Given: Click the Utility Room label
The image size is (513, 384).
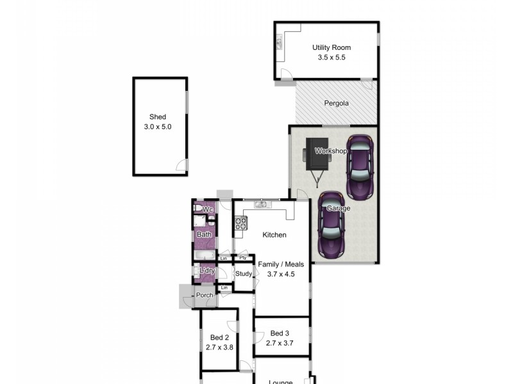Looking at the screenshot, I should (332, 47).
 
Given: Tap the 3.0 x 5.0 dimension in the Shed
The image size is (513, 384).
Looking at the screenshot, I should (158, 127).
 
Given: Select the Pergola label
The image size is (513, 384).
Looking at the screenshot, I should (336, 103).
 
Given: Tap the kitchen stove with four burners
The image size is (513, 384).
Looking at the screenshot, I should (241, 223).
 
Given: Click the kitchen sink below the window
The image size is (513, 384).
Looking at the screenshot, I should (262, 205).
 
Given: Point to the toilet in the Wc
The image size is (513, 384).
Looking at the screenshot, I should (198, 209).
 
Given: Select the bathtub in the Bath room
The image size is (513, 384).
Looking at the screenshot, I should (205, 256).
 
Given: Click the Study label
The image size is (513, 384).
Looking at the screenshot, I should (244, 274).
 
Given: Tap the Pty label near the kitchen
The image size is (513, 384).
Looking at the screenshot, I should (243, 258).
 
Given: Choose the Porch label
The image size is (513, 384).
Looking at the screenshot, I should (205, 295).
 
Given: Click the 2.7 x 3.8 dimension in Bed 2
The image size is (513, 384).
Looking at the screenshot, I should (219, 348).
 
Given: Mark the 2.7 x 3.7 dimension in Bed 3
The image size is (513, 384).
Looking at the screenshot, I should (280, 343).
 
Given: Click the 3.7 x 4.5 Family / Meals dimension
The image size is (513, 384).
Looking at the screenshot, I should (281, 274).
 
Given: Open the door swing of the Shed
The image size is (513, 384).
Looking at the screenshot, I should (182, 168).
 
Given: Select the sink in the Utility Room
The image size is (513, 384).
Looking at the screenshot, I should (280, 43).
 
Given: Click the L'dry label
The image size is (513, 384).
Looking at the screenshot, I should (206, 271).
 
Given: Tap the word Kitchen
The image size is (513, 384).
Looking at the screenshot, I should (274, 235).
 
